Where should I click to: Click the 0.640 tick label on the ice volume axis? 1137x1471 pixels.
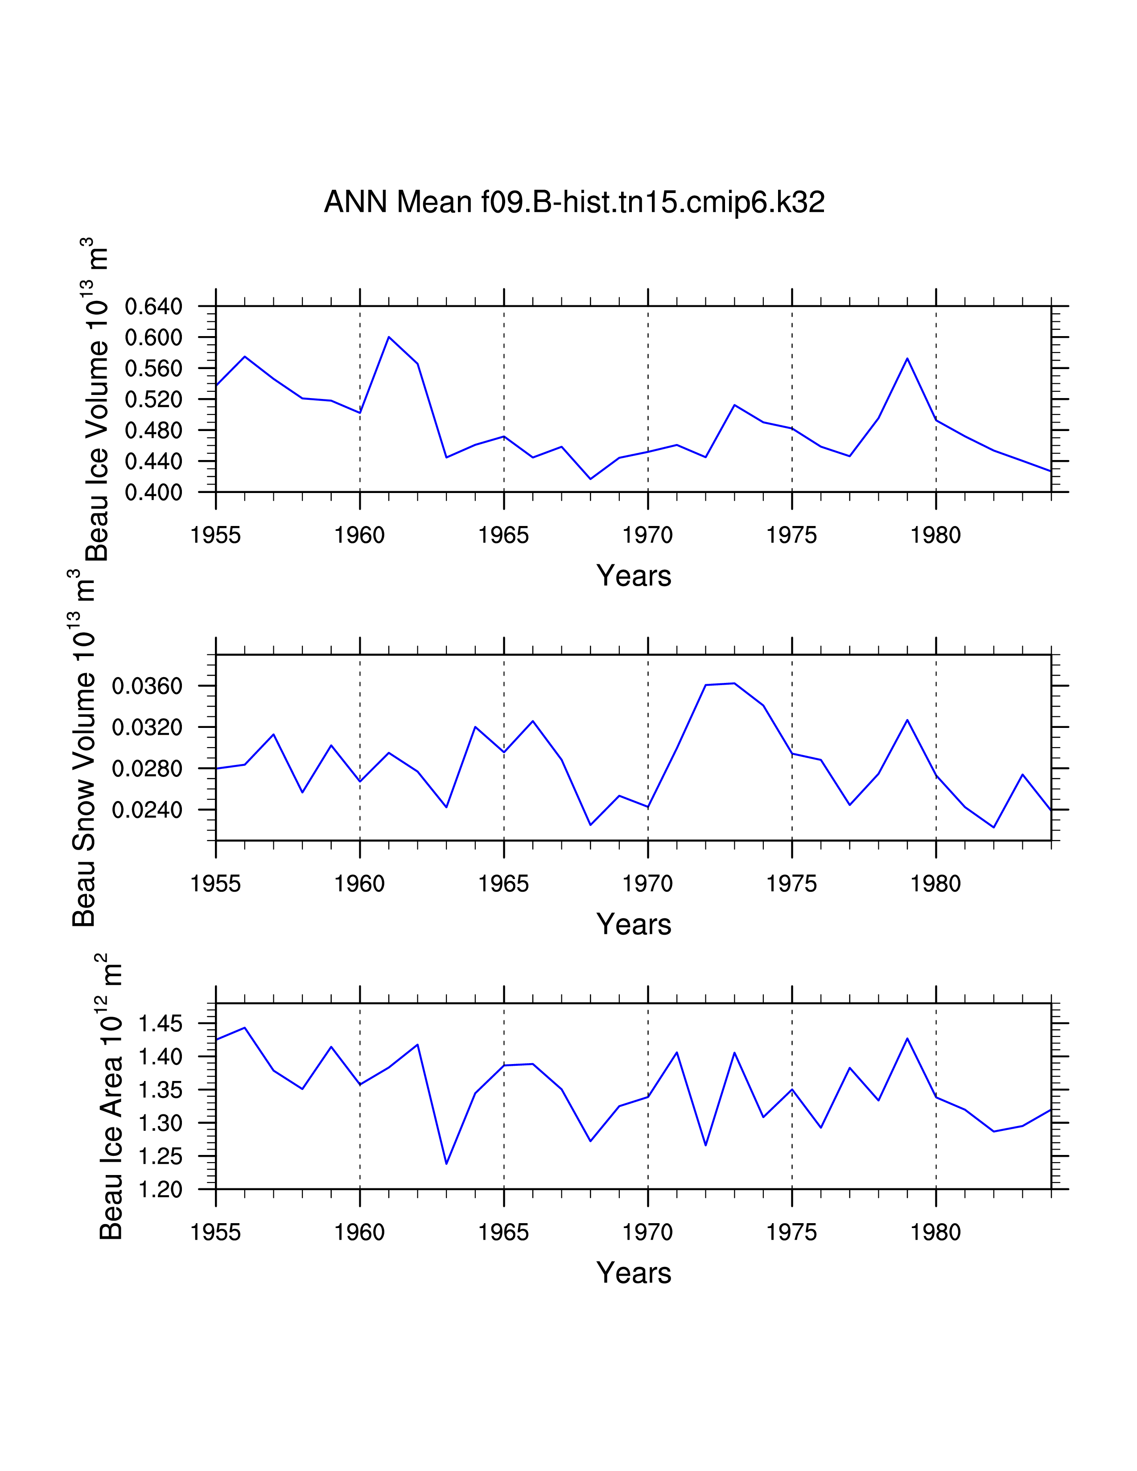(153, 307)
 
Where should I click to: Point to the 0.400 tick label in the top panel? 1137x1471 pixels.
(153, 493)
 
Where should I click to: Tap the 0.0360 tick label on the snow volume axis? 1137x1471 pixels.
(147, 686)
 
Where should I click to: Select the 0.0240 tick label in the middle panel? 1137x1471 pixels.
(147, 810)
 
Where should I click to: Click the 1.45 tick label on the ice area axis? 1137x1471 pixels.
(161, 1024)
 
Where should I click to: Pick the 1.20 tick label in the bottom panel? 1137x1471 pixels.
(161, 1190)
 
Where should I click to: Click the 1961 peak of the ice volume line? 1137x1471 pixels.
(389, 337)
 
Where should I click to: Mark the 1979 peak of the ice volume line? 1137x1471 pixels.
(907, 358)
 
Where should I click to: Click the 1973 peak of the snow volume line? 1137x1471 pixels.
(734, 684)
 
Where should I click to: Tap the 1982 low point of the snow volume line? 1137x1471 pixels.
(993, 827)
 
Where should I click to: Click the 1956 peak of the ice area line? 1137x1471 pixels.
(244, 1028)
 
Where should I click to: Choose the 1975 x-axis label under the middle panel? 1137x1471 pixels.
(791, 884)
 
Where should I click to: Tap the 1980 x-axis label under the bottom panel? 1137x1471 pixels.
(935, 1233)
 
